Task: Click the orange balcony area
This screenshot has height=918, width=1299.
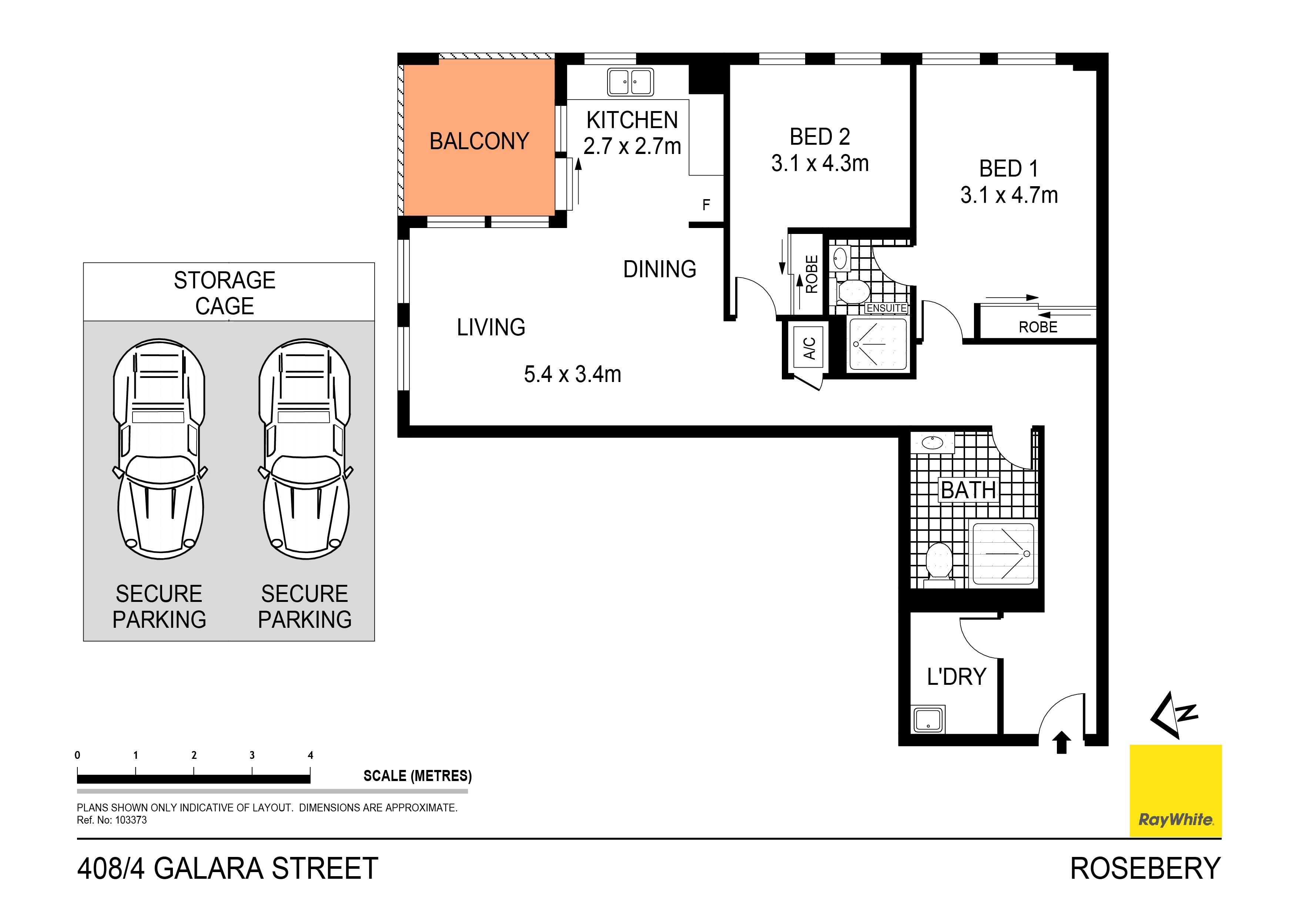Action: [479, 137]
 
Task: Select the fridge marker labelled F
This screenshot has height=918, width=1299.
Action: [706, 205]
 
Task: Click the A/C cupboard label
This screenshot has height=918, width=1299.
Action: [810, 348]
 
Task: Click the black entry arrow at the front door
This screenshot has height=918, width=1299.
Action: [1061, 743]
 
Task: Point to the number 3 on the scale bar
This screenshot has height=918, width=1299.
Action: [252, 755]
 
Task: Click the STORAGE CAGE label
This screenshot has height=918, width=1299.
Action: [225, 293]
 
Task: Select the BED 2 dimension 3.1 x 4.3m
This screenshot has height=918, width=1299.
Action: [820, 163]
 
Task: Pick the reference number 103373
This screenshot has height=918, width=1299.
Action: [131, 820]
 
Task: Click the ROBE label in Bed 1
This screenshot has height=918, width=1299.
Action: [1038, 327]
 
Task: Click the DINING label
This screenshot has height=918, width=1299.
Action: [660, 269]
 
